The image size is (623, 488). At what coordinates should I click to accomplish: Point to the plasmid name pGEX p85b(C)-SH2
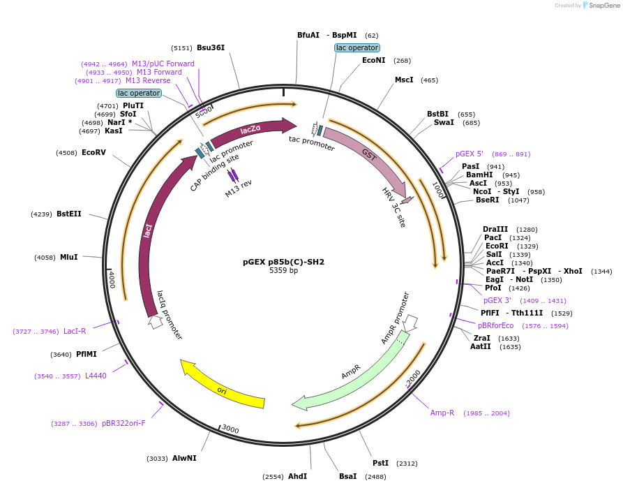283,262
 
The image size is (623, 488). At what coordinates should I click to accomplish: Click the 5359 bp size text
283,271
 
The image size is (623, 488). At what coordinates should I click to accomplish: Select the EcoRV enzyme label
93,152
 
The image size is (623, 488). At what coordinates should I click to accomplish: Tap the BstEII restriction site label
69,214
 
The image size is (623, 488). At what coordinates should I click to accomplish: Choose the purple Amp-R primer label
442,413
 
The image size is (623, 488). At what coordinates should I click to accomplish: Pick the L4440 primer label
96,376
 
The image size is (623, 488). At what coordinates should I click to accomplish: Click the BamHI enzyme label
479,175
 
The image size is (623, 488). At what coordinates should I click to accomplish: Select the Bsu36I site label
211,47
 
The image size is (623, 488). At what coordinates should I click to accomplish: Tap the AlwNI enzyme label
184,458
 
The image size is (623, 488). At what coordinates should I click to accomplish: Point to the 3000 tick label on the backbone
230,429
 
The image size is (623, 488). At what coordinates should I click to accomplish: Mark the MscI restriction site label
404,80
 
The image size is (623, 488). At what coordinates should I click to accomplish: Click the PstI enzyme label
380,463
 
